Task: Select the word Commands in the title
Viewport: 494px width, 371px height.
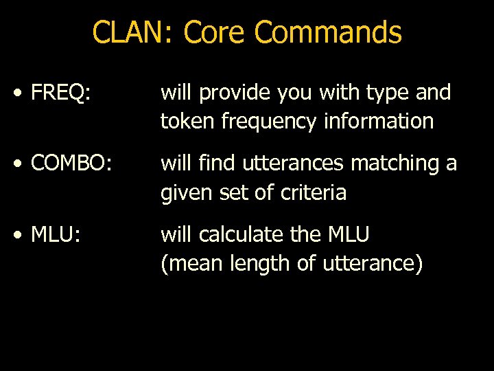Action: (328, 32)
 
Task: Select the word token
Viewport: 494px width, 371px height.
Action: (183, 122)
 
